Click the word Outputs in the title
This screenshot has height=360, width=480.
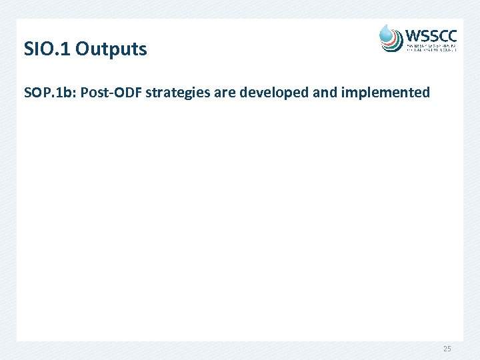tap(111, 49)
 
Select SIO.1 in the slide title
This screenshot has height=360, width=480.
tap(47, 49)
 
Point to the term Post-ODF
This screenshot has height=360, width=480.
tap(111, 93)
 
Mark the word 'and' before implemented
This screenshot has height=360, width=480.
tap(325, 93)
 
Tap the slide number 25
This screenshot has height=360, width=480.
tap(446, 348)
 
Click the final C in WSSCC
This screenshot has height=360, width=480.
tap(451, 35)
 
